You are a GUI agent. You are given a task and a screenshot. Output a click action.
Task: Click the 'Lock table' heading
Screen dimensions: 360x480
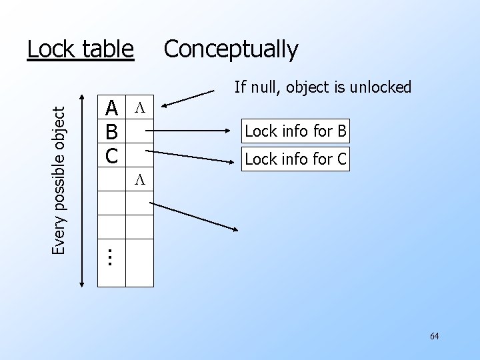[80, 49]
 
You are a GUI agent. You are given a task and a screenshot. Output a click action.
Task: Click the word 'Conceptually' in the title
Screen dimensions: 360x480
[231, 49]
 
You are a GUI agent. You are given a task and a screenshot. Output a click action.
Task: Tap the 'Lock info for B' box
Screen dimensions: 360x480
[295, 131]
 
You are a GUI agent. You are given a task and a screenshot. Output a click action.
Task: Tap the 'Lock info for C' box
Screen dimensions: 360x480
[295, 159]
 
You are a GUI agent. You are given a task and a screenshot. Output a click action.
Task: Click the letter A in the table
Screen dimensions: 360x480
[112, 107]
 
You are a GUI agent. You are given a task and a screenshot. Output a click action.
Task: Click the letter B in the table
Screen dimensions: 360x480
[112, 131]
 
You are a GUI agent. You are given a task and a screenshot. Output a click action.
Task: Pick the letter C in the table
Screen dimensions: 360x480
[112, 155]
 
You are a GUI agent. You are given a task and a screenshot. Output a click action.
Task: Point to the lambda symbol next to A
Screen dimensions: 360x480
[139, 107]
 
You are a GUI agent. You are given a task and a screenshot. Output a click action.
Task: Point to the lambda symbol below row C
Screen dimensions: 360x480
[139, 180]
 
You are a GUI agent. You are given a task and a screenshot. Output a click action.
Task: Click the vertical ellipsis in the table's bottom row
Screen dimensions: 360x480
[111, 256]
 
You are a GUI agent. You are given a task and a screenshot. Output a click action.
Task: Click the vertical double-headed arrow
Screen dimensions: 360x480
[82, 190]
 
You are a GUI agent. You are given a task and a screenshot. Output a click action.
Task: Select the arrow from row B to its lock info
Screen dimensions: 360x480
[193, 131]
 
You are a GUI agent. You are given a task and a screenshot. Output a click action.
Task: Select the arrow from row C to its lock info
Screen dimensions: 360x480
[193, 156]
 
